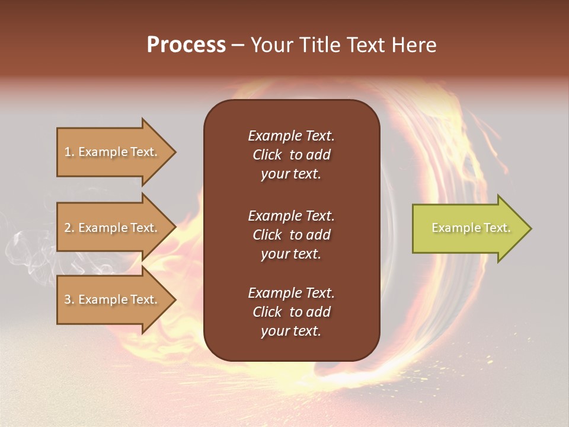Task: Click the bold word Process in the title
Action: tap(186, 45)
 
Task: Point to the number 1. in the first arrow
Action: tap(69, 152)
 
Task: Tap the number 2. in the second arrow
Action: tap(69, 228)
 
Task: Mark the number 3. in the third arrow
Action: tap(69, 299)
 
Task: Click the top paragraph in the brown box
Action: tap(291, 155)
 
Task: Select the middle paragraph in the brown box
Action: tap(291, 235)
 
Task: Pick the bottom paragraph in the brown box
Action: tap(291, 312)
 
